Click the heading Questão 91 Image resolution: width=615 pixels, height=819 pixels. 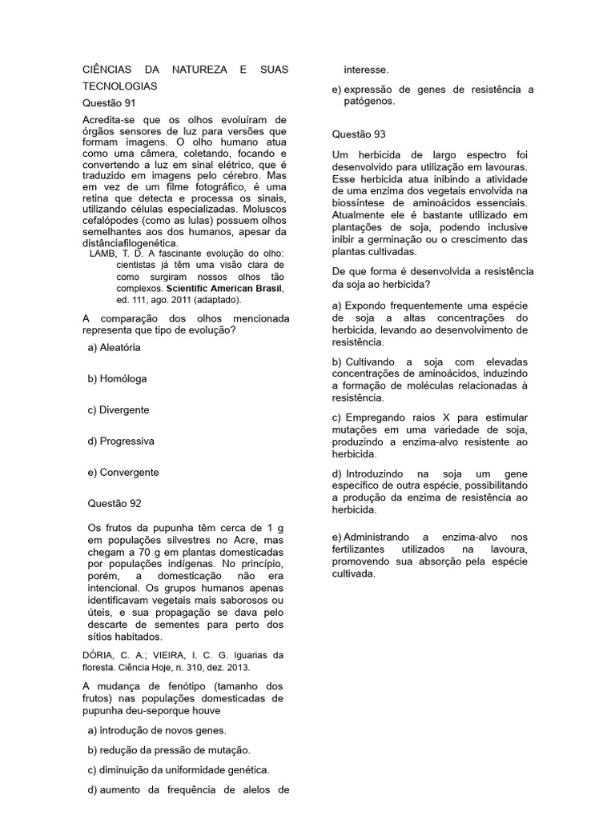(110, 103)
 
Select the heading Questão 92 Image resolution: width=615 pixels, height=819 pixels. (115, 503)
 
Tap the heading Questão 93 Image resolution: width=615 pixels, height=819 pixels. (359, 134)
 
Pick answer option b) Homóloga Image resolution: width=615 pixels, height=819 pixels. (117, 378)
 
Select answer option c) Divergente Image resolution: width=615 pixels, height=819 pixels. (119, 409)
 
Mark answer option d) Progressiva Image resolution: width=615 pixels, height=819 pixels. (121, 441)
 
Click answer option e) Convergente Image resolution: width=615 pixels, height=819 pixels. (123, 472)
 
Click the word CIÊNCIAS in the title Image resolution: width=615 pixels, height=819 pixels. (108, 70)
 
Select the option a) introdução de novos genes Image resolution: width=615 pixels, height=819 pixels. (157, 730)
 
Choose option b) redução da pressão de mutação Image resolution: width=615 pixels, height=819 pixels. (169, 750)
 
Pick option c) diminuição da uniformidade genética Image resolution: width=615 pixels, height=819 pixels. (179, 770)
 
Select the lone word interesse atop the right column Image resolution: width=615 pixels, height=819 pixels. (367, 70)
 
